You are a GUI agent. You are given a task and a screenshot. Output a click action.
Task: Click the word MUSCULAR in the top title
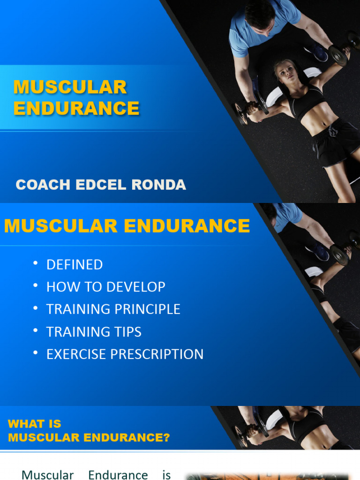(x=70, y=87)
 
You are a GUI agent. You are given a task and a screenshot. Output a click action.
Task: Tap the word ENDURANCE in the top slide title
(x=76, y=108)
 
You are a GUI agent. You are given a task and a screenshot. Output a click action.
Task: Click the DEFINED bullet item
(x=75, y=265)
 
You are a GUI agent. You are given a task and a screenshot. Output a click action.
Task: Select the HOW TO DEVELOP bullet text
(x=105, y=287)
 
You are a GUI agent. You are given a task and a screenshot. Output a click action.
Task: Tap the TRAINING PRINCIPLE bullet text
(x=113, y=309)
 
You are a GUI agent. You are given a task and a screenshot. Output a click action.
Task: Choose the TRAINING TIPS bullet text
(x=94, y=332)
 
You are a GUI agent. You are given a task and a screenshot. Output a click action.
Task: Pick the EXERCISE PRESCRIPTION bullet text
(x=125, y=354)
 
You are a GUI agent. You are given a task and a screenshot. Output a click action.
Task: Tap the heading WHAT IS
(x=35, y=424)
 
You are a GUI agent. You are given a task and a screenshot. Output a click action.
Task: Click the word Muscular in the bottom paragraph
(x=48, y=474)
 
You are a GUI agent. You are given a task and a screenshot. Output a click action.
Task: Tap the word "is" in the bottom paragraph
(x=166, y=474)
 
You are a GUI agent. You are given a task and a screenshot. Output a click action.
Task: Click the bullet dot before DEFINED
(x=35, y=263)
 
